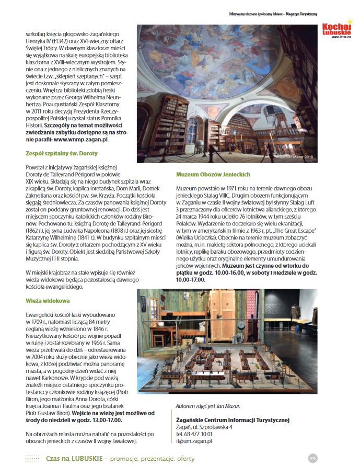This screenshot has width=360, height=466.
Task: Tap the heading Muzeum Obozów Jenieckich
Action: [x=213, y=174]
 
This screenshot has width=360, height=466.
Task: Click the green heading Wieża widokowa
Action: [x=48, y=301]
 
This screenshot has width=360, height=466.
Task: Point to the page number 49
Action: [x=312, y=458]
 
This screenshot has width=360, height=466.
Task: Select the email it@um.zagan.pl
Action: [x=194, y=441]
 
